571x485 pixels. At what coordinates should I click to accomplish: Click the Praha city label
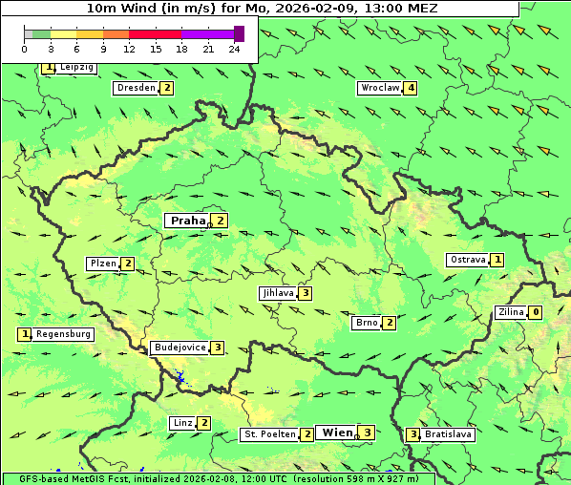pyautogui.click(x=187, y=221)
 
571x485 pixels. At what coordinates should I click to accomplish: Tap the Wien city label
pyautogui.click(x=337, y=432)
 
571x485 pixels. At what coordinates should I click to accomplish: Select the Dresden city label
pyautogui.click(x=136, y=88)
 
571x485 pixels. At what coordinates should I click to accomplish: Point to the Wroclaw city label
pyautogui.click(x=379, y=88)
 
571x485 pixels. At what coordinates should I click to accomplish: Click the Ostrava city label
pyautogui.click(x=468, y=260)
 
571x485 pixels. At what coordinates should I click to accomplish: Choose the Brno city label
pyautogui.click(x=367, y=323)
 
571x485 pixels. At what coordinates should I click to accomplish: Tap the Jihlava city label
pyautogui.click(x=278, y=293)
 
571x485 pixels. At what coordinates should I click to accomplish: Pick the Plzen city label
pyautogui.click(x=103, y=264)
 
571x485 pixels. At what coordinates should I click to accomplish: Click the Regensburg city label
pyautogui.click(x=64, y=334)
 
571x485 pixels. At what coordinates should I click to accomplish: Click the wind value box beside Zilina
pyautogui.click(x=536, y=312)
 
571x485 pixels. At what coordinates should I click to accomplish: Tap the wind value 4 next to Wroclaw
pyautogui.click(x=411, y=88)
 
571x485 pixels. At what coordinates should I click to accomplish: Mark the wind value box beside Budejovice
pyautogui.click(x=218, y=348)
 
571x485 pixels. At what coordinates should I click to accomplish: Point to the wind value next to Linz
pyautogui.click(x=204, y=423)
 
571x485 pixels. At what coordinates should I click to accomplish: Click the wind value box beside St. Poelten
pyautogui.click(x=307, y=434)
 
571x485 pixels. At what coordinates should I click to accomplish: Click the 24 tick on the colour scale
pyautogui.click(x=235, y=48)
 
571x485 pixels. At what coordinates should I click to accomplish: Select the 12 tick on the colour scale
pyautogui.click(x=129, y=48)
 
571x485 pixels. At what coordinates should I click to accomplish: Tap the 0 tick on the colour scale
pyautogui.click(x=26, y=48)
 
